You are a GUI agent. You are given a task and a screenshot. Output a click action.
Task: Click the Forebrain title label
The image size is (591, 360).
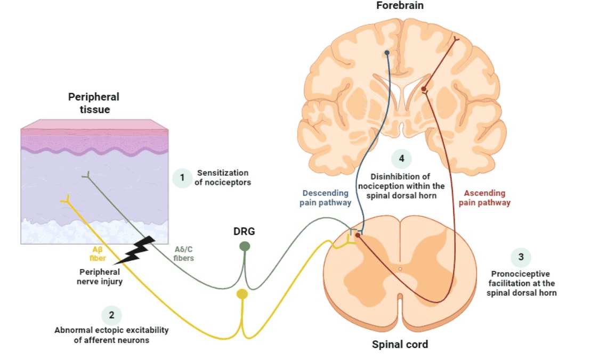click(x=400, y=6)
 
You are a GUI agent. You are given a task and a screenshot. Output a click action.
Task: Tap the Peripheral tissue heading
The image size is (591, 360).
click(x=94, y=103)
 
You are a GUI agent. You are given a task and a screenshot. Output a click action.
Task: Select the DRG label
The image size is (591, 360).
click(x=245, y=231)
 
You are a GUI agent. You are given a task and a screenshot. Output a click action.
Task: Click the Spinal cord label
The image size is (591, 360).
click(x=400, y=344)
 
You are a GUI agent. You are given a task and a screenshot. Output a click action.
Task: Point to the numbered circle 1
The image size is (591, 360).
click(x=182, y=178)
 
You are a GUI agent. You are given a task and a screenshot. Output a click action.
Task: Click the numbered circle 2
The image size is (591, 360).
click(x=111, y=315)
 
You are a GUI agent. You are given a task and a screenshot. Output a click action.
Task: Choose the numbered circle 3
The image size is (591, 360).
click(x=521, y=257)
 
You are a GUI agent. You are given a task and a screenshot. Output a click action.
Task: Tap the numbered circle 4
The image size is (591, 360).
click(x=401, y=158)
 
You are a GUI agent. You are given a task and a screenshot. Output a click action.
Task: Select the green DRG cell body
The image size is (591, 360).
click(x=245, y=246)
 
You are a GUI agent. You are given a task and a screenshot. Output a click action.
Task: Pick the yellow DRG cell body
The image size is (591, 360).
click(x=242, y=294)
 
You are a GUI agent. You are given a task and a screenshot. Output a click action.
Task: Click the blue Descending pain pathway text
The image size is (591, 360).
click(x=325, y=198)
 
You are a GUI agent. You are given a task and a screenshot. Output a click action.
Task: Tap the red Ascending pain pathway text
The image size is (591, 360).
click(x=484, y=198)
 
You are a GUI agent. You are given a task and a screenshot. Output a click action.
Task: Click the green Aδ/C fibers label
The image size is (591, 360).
click(x=184, y=253)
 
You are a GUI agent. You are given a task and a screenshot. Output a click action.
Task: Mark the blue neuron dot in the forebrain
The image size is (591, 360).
click(x=387, y=53)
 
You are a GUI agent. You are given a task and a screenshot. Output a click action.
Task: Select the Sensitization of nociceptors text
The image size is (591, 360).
click(x=223, y=177)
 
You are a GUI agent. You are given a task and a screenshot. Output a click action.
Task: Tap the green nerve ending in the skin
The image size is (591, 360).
click(x=86, y=175)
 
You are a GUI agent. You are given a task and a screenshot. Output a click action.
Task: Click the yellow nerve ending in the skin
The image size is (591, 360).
click(x=65, y=200)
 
